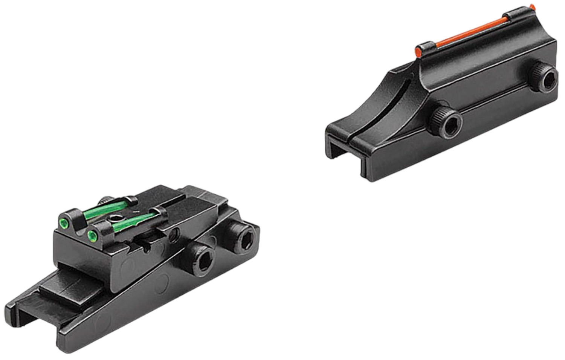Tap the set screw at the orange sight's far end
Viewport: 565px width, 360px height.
[545, 79]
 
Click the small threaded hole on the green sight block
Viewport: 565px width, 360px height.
[173, 236]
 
